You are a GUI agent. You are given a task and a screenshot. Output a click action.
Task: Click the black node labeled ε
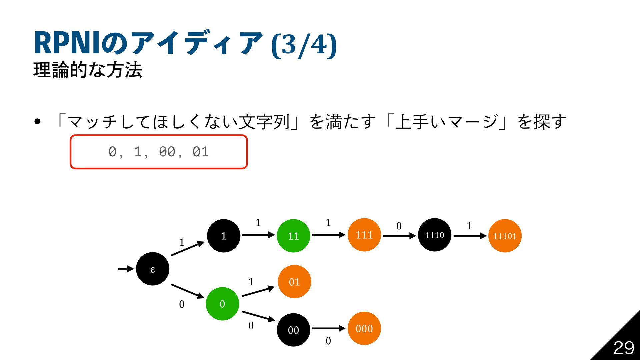(x=153, y=269)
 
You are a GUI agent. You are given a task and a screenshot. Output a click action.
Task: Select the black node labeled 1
(x=224, y=236)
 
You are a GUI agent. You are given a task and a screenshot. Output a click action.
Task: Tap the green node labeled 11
(x=293, y=236)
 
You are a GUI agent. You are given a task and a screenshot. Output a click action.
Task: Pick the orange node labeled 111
(x=364, y=235)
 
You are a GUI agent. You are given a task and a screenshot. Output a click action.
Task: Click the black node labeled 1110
(x=435, y=235)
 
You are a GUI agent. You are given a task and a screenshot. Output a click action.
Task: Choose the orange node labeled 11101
(x=505, y=236)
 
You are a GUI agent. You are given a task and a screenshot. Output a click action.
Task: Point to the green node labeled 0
(x=222, y=304)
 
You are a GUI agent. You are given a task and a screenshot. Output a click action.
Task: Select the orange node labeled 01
(x=294, y=282)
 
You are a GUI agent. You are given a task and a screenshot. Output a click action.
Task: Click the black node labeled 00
(x=293, y=330)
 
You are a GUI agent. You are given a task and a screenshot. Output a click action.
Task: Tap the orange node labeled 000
(x=364, y=328)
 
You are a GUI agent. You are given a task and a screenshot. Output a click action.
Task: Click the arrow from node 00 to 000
(x=328, y=328)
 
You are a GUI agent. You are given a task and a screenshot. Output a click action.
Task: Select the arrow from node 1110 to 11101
(x=470, y=236)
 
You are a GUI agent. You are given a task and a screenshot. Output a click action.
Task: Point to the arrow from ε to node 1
(x=187, y=249)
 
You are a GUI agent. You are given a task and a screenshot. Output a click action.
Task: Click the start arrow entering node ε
(x=126, y=269)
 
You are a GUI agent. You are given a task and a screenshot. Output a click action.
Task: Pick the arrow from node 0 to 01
(x=258, y=291)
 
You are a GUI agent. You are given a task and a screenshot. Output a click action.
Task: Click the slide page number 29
(x=624, y=348)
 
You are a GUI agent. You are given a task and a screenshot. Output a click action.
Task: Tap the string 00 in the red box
(x=167, y=152)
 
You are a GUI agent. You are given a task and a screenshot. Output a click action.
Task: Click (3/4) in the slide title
(x=304, y=44)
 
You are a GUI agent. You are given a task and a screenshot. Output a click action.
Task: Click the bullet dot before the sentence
(x=37, y=122)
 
